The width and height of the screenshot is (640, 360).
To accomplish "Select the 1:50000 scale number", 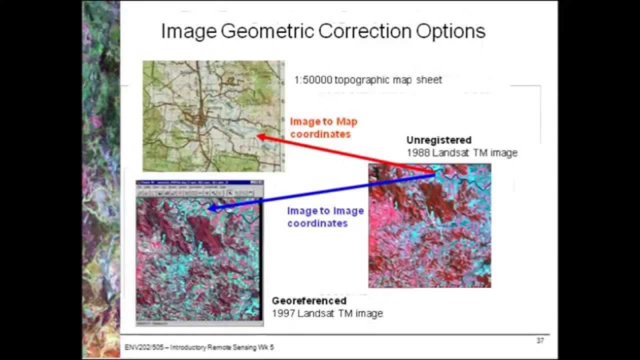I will point(313,80).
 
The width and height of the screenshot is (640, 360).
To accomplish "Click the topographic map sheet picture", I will point(213,116).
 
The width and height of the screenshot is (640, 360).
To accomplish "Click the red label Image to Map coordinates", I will point(323,128).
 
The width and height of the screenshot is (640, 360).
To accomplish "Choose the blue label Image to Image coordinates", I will point(325,217).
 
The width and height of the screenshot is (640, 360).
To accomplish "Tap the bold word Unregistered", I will point(438,140).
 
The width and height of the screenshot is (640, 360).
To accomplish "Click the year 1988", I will point(417,153).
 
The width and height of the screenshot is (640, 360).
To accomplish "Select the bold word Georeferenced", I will point(309,301).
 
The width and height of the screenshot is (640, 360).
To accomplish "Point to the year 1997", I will point(283,313).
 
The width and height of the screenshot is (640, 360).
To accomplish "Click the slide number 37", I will point(540,341).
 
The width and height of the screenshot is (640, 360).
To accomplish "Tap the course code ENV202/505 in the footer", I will point(141,347).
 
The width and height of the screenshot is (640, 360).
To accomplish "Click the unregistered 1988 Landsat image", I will point(429,225).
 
